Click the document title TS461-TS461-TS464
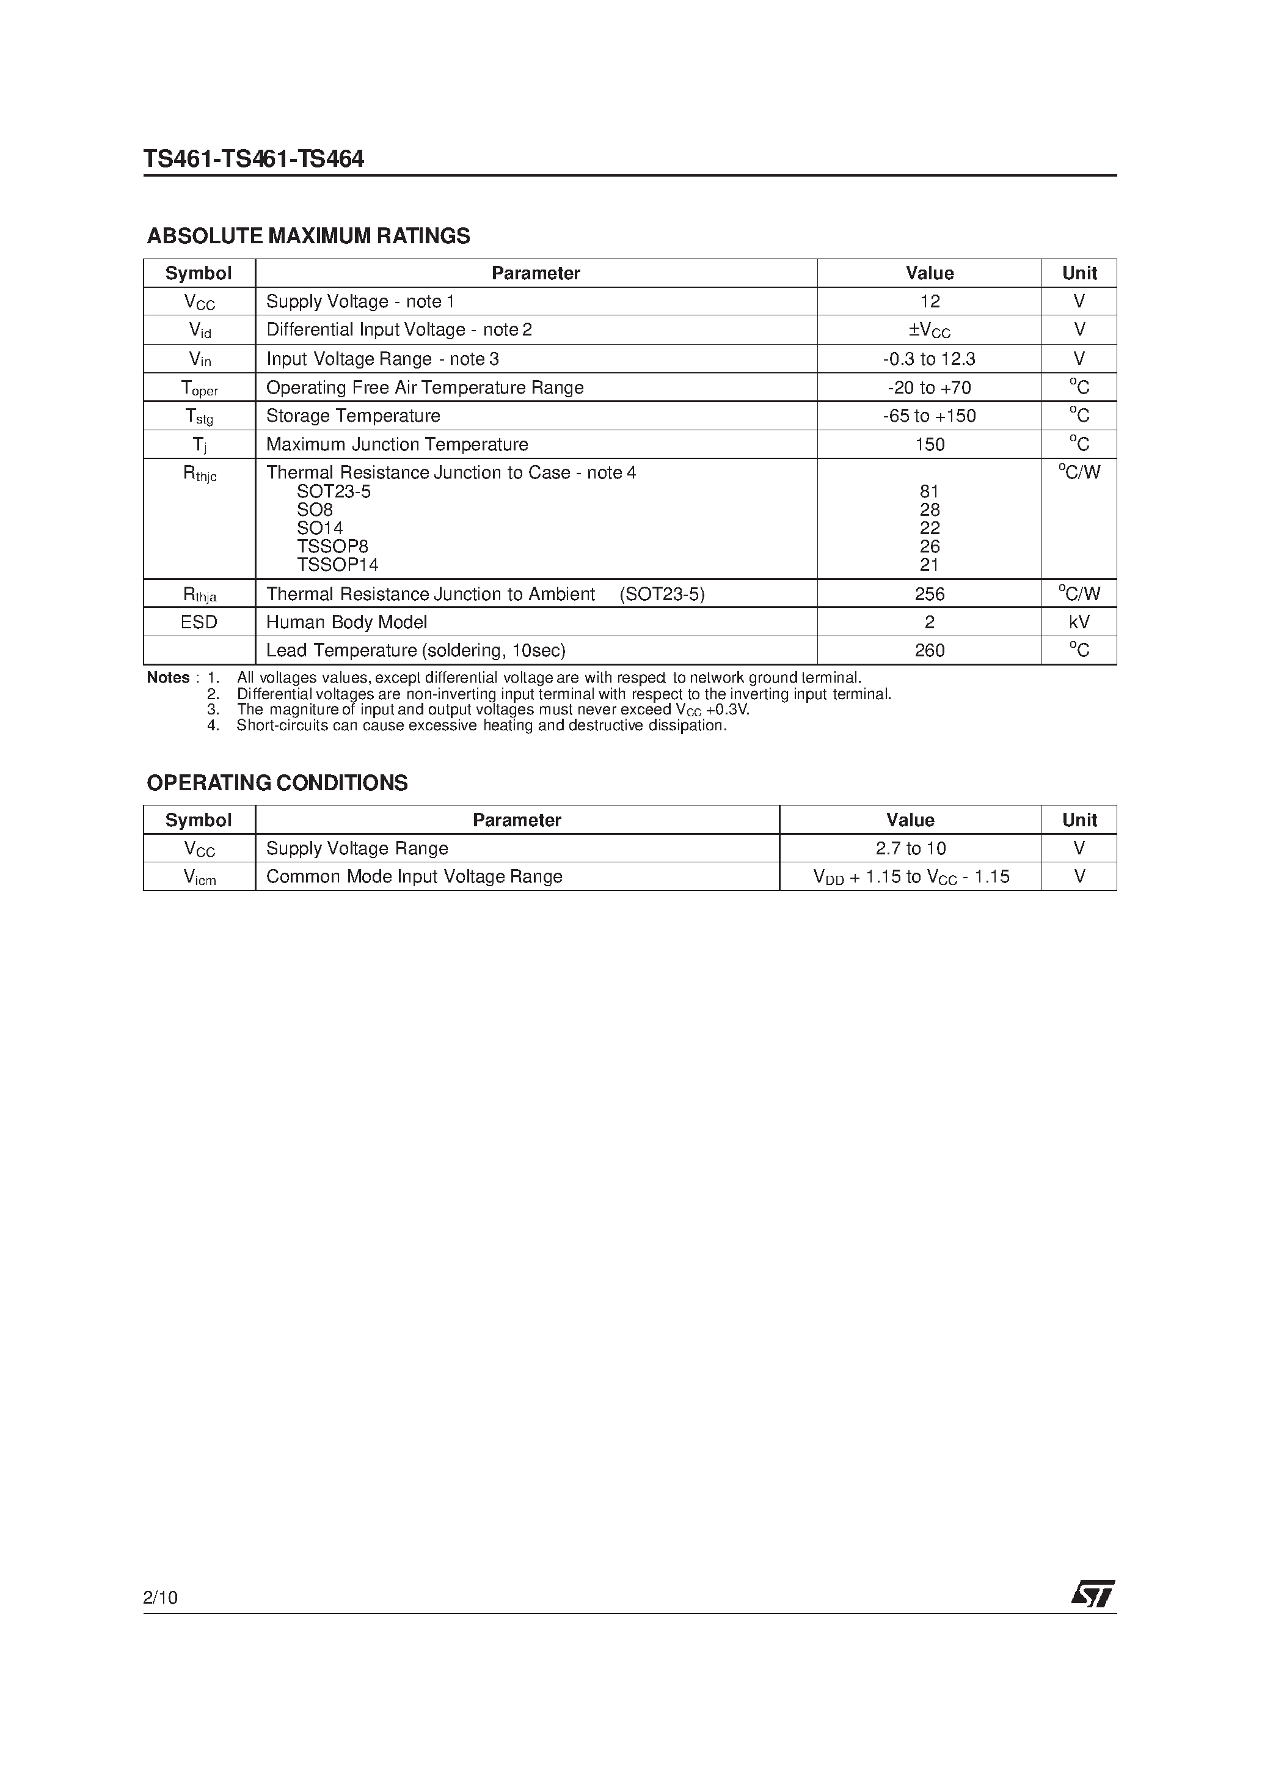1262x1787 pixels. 253,159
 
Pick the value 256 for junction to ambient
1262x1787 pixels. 929,594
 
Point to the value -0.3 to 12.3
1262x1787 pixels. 929,359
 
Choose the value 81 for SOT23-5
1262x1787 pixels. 929,491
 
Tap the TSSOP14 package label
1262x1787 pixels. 338,565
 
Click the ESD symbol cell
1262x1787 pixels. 199,622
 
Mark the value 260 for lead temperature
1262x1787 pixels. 929,650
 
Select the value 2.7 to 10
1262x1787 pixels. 910,848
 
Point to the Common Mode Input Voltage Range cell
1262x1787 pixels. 414,876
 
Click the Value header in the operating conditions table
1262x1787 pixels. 910,820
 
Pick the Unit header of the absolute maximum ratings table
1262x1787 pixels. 1079,273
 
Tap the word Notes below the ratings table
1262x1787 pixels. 168,678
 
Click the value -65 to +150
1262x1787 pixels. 929,416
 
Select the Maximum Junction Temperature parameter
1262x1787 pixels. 397,444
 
